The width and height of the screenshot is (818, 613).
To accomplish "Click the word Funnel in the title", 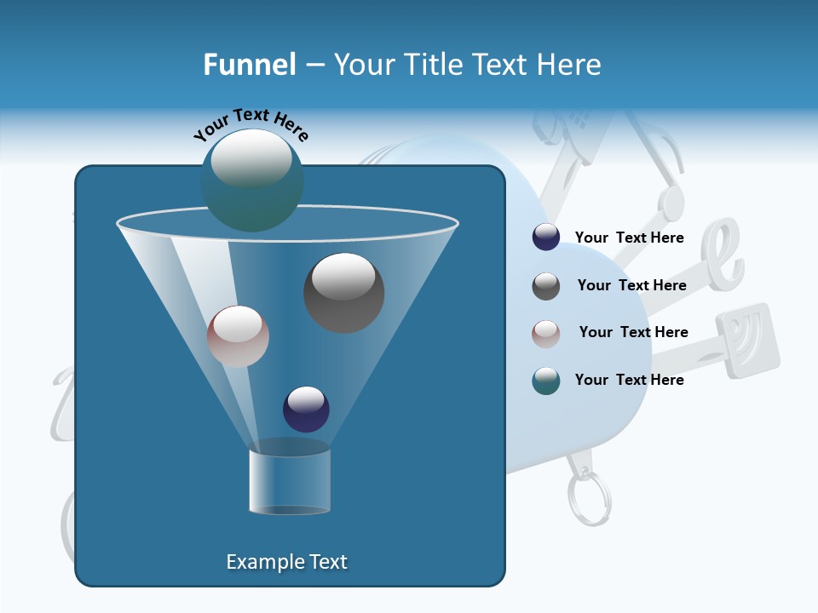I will pyautogui.click(x=249, y=65).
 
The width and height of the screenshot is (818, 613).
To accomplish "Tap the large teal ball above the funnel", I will pyautogui.click(x=251, y=180).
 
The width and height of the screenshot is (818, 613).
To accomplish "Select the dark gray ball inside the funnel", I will pyautogui.click(x=343, y=293).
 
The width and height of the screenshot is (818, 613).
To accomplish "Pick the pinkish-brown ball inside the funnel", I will pyautogui.click(x=238, y=336).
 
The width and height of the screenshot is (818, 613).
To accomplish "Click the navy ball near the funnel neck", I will pyautogui.click(x=306, y=409).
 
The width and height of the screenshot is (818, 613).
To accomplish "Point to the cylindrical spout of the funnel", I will pyautogui.click(x=290, y=481).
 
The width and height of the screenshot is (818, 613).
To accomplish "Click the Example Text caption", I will pyautogui.click(x=286, y=562).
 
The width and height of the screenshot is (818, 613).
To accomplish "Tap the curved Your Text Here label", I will pyautogui.click(x=251, y=123).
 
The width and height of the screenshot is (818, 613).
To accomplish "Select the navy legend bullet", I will pyautogui.click(x=546, y=238).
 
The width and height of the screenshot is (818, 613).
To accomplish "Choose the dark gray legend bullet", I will pyautogui.click(x=546, y=286).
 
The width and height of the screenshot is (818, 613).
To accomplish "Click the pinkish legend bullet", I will pyautogui.click(x=546, y=333).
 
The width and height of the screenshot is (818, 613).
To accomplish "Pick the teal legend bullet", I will pyautogui.click(x=546, y=381).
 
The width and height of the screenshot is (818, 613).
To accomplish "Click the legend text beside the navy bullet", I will pyautogui.click(x=629, y=238).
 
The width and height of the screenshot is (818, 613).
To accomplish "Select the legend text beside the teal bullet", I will pyautogui.click(x=629, y=380).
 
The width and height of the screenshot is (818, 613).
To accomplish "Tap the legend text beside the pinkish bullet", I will pyautogui.click(x=633, y=332).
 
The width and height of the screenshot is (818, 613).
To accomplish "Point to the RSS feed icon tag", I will pyautogui.click(x=747, y=340).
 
